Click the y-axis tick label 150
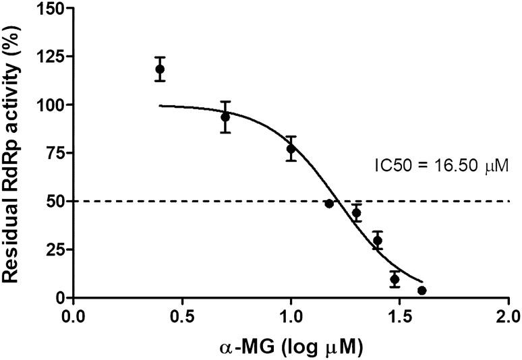point(49,9)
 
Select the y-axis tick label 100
point(49,105)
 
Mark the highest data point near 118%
point(160,69)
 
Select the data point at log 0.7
point(225,117)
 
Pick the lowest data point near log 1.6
point(422,291)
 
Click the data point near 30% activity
point(378,241)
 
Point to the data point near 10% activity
point(395,279)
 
